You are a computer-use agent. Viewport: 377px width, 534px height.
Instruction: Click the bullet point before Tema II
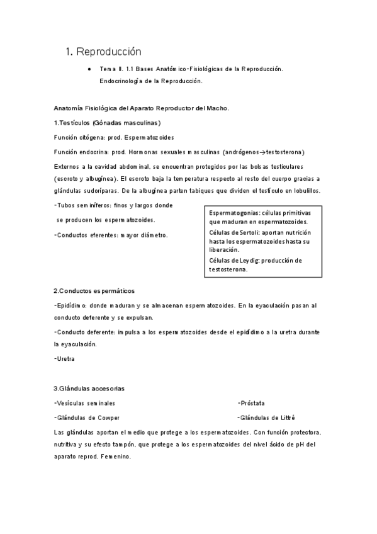91,68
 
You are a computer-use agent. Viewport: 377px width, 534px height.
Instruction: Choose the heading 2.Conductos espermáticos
94,290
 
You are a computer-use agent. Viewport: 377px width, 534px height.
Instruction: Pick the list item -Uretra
64,359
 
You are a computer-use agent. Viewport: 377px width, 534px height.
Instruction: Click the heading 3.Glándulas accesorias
93,388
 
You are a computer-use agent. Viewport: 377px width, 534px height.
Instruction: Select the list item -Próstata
251,402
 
